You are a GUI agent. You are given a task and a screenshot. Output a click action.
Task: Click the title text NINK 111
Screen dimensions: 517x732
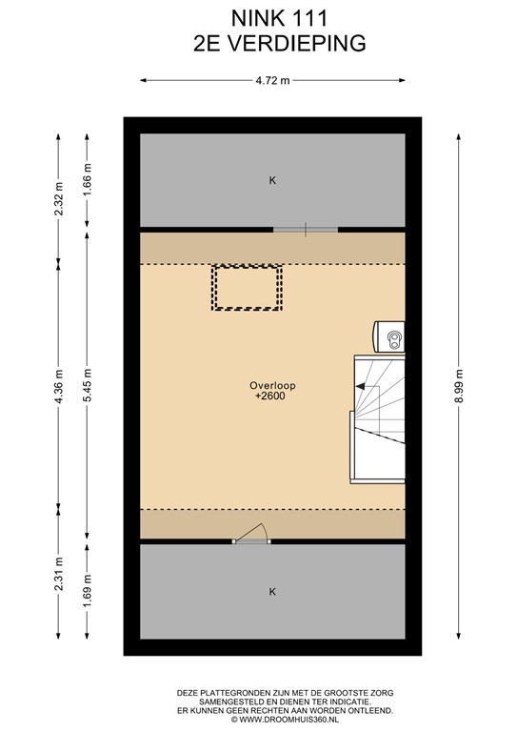[x=279, y=19]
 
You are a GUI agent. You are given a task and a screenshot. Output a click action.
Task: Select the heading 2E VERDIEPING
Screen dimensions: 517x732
[x=279, y=44]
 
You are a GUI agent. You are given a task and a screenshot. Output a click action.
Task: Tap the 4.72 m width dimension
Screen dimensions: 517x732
[x=272, y=80]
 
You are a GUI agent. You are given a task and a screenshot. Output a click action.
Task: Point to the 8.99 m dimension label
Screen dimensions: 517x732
[x=459, y=386]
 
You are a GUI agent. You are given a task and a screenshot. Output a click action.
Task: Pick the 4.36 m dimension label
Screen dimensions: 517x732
[x=59, y=387]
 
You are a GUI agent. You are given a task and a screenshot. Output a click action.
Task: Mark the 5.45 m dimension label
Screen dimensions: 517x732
[x=88, y=386]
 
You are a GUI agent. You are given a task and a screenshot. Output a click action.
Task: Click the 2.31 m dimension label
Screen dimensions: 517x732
[x=59, y=574]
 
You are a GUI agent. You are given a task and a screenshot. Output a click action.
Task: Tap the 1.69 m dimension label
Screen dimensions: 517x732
[x=88, y=592]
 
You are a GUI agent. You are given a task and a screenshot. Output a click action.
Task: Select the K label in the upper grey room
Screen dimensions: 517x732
[x=272, y=180]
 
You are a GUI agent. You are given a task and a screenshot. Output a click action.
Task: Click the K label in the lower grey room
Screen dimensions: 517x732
[x=272, y=592]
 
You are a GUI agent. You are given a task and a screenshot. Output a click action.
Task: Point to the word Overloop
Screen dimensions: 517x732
[x=272, y=386]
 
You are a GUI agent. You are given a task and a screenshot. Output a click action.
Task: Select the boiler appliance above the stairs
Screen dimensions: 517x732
[x=388, y=336]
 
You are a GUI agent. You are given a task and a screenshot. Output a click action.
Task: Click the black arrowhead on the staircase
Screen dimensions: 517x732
[x=360, y=386]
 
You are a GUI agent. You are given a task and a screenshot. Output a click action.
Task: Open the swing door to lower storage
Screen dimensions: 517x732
[x=251, y=533]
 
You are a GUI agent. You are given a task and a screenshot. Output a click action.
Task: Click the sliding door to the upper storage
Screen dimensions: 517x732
[x=306, y=230]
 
